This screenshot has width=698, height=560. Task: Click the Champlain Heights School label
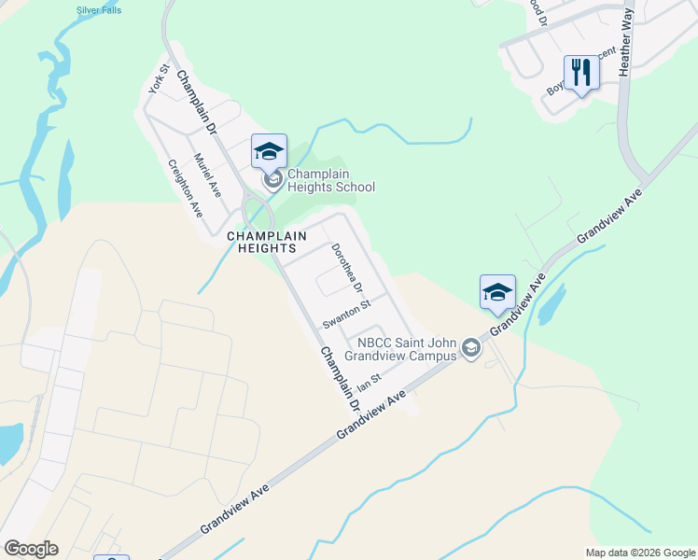331,180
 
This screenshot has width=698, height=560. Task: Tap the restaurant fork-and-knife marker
580,72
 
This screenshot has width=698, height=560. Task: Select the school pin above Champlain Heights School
269,151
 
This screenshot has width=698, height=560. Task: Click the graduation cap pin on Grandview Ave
497,292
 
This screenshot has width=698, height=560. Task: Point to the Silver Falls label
99,10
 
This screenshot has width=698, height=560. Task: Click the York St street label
158,79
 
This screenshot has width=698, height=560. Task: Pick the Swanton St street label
347,314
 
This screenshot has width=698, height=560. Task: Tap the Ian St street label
370,383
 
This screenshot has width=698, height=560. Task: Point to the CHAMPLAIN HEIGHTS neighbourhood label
261,243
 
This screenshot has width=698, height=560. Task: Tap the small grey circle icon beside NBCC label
471,349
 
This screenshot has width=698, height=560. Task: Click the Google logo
31,549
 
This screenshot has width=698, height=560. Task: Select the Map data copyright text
639,553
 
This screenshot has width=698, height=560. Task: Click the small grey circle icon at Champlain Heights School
272,180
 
